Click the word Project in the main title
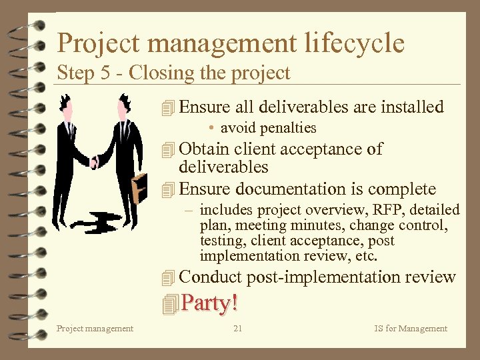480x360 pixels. point(99,43)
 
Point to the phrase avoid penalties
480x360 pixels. point(268,127)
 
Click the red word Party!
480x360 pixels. point(209,303)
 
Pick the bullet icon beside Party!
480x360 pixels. point(170,304)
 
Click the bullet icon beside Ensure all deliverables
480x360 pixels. point(169,107)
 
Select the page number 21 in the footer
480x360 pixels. point(238,328)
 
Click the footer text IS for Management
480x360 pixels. point(411,328)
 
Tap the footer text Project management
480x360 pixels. point(95,328)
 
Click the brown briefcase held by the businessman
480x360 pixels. point(139,187)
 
